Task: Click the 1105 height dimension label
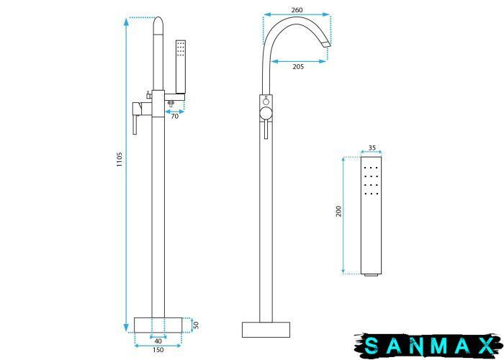coord(120,159)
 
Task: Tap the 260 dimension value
coord(297,9)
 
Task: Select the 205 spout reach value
coord(298,67)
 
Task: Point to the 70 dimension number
coord(174,117)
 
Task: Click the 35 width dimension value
coord(372,148)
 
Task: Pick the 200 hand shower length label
coord(339,211)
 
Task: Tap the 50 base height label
coord(196,325)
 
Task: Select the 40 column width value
coord(158,341)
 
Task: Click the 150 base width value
coord(158,350)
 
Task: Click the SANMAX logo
coord(429,345)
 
